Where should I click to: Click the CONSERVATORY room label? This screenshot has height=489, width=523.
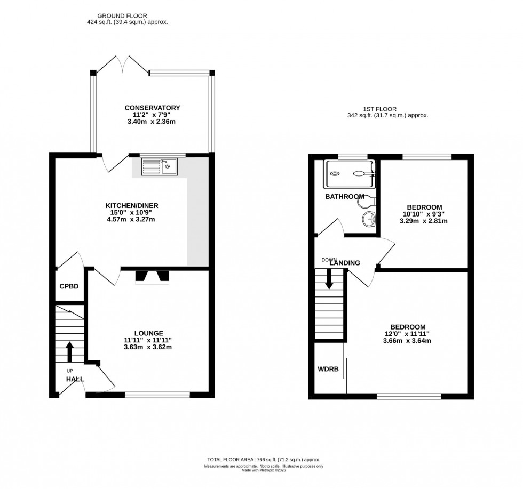152,108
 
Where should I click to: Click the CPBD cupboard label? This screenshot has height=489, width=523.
69,286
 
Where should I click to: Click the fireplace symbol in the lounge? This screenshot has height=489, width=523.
152,276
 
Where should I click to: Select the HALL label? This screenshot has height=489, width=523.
75,379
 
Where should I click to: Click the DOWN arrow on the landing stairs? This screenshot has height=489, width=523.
329,277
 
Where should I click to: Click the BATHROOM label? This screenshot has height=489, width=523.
344,197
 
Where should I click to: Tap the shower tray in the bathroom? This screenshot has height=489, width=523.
350,173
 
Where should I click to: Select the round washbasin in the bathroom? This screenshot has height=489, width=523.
368,219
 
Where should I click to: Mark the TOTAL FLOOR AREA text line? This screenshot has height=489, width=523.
264,460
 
